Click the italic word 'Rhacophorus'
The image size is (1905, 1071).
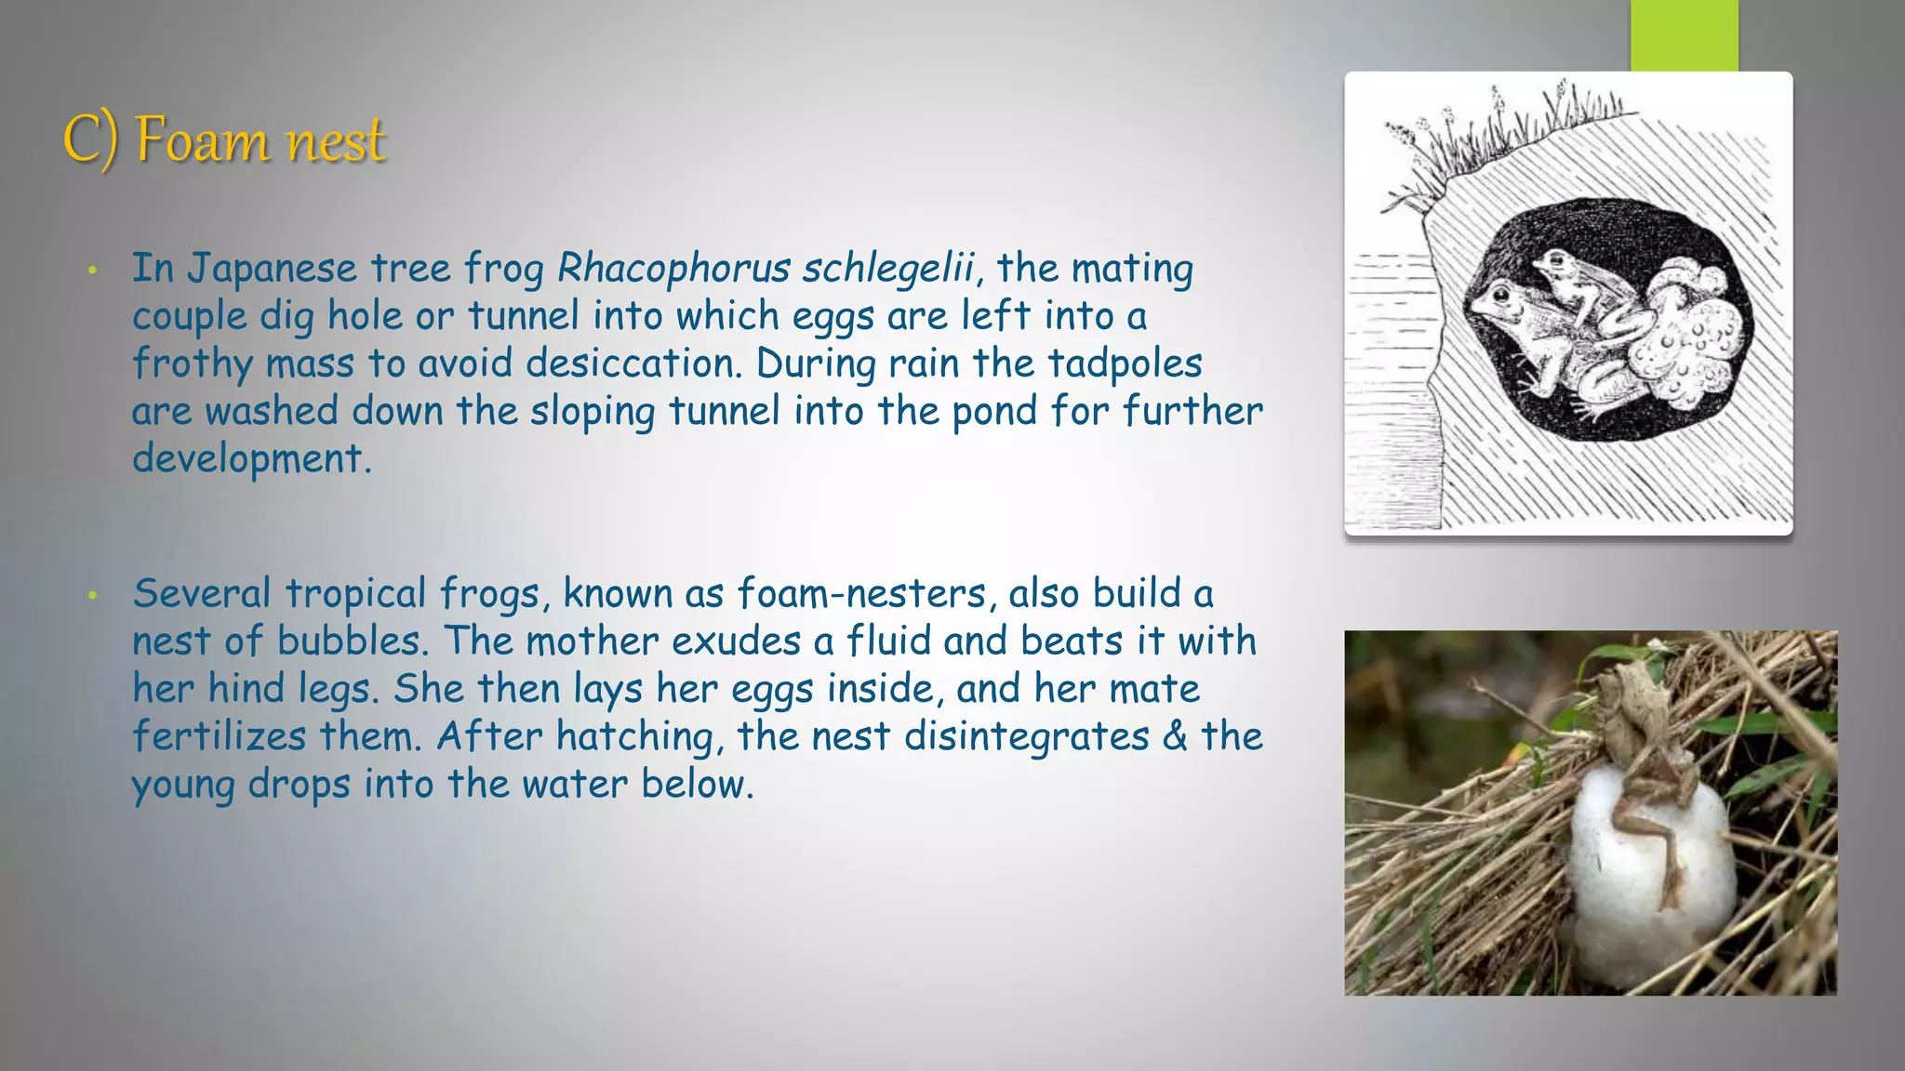click(x=673, y=269)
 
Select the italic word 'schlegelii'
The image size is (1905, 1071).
click(x=887, y=269)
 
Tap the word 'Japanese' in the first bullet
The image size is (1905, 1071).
click(x=272, y=269)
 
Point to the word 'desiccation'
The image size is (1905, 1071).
click(x=633, y=364)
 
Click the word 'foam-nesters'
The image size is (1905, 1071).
click(x=861, y=594)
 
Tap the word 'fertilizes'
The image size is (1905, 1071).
click(x=219, y=736)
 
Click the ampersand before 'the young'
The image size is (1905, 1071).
click(x=1175, y=736)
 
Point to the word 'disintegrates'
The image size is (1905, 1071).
click(x=1027, y=736)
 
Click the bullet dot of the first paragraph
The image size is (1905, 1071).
click(x=92, y=271)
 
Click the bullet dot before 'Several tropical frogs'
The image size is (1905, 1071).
click(x=92, y=595)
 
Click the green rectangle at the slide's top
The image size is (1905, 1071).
click(x=1684, y=34)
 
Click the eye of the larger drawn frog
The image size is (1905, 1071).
click(x=1499, y=297)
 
